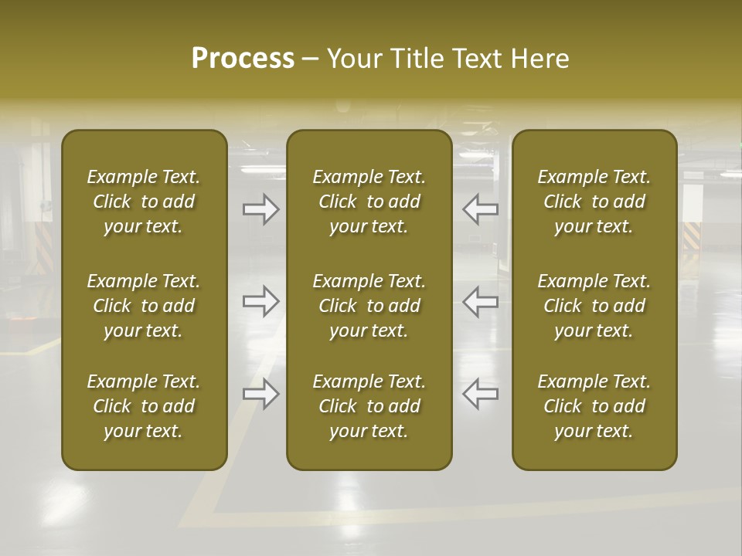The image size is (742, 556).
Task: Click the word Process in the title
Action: [243, 59]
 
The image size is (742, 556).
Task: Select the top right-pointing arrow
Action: [260, 209]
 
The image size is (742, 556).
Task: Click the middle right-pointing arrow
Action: [260, 301]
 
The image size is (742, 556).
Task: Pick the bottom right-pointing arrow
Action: [260, 394]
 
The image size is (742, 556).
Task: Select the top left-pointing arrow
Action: [480, 209]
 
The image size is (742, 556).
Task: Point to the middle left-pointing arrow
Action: [480, 301]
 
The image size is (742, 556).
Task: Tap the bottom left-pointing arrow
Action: [480, 394]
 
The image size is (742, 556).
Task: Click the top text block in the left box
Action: [144, 202]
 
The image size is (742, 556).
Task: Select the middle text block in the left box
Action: [144, 306]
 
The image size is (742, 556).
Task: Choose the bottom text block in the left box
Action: [144, 406]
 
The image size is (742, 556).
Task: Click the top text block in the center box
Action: [369, 202]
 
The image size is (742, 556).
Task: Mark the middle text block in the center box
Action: [369, 306]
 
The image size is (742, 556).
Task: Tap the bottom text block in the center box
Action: [369, 406]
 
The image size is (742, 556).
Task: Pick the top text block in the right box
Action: [594, 202]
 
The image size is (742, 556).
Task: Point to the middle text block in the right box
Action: [594, 306]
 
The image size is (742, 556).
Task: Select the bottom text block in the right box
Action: [594, 406]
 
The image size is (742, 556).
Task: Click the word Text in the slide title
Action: [473, 59]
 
